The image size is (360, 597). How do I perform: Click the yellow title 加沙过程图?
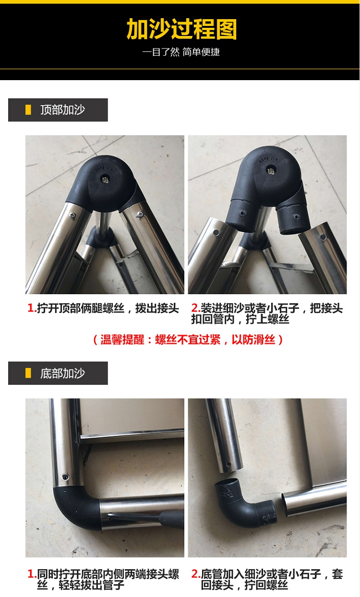(x=181, y=29)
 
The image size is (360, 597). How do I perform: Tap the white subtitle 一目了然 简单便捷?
(x=181, y=52)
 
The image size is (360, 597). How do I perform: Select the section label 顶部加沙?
(x=63, y=110)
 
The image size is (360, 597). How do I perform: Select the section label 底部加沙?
(x=63, y=373)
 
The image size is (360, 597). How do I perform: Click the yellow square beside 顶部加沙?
(x=28, y=110)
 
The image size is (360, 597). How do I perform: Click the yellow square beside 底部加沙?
(x=28, y=373)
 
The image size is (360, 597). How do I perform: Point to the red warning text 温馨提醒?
(x=122, y=340)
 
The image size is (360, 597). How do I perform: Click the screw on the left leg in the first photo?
(x=72, y=215)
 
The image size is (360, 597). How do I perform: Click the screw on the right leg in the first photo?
(x=140, y=214)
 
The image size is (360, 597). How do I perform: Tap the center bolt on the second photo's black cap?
(x=271, y=170)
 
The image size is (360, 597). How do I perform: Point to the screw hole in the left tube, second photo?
(x=216, y=233)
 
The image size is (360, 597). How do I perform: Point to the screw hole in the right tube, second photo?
(x=323, y=237)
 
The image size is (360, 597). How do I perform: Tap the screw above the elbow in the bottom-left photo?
(x=65, y=477)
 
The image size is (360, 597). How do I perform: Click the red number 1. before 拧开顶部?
(x=32, y=309)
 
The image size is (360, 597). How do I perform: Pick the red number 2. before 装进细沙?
(x=196, y=309)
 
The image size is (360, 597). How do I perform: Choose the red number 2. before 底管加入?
(x=196, y=574)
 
